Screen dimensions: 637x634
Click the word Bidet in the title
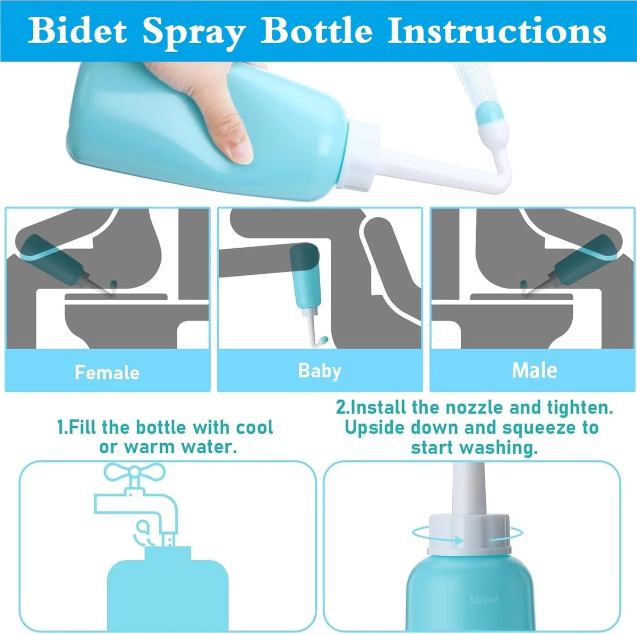(78, 31)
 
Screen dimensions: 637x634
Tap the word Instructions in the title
(496, 31)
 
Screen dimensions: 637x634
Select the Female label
(107, 373)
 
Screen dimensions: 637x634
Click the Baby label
(320, 371)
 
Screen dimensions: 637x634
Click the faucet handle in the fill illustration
(134, 472)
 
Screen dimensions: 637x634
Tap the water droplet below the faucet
(143, 527)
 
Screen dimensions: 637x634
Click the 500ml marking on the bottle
(485, 599)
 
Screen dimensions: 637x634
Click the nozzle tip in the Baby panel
(324, 340)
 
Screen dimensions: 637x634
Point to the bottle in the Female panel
(59, 261)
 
